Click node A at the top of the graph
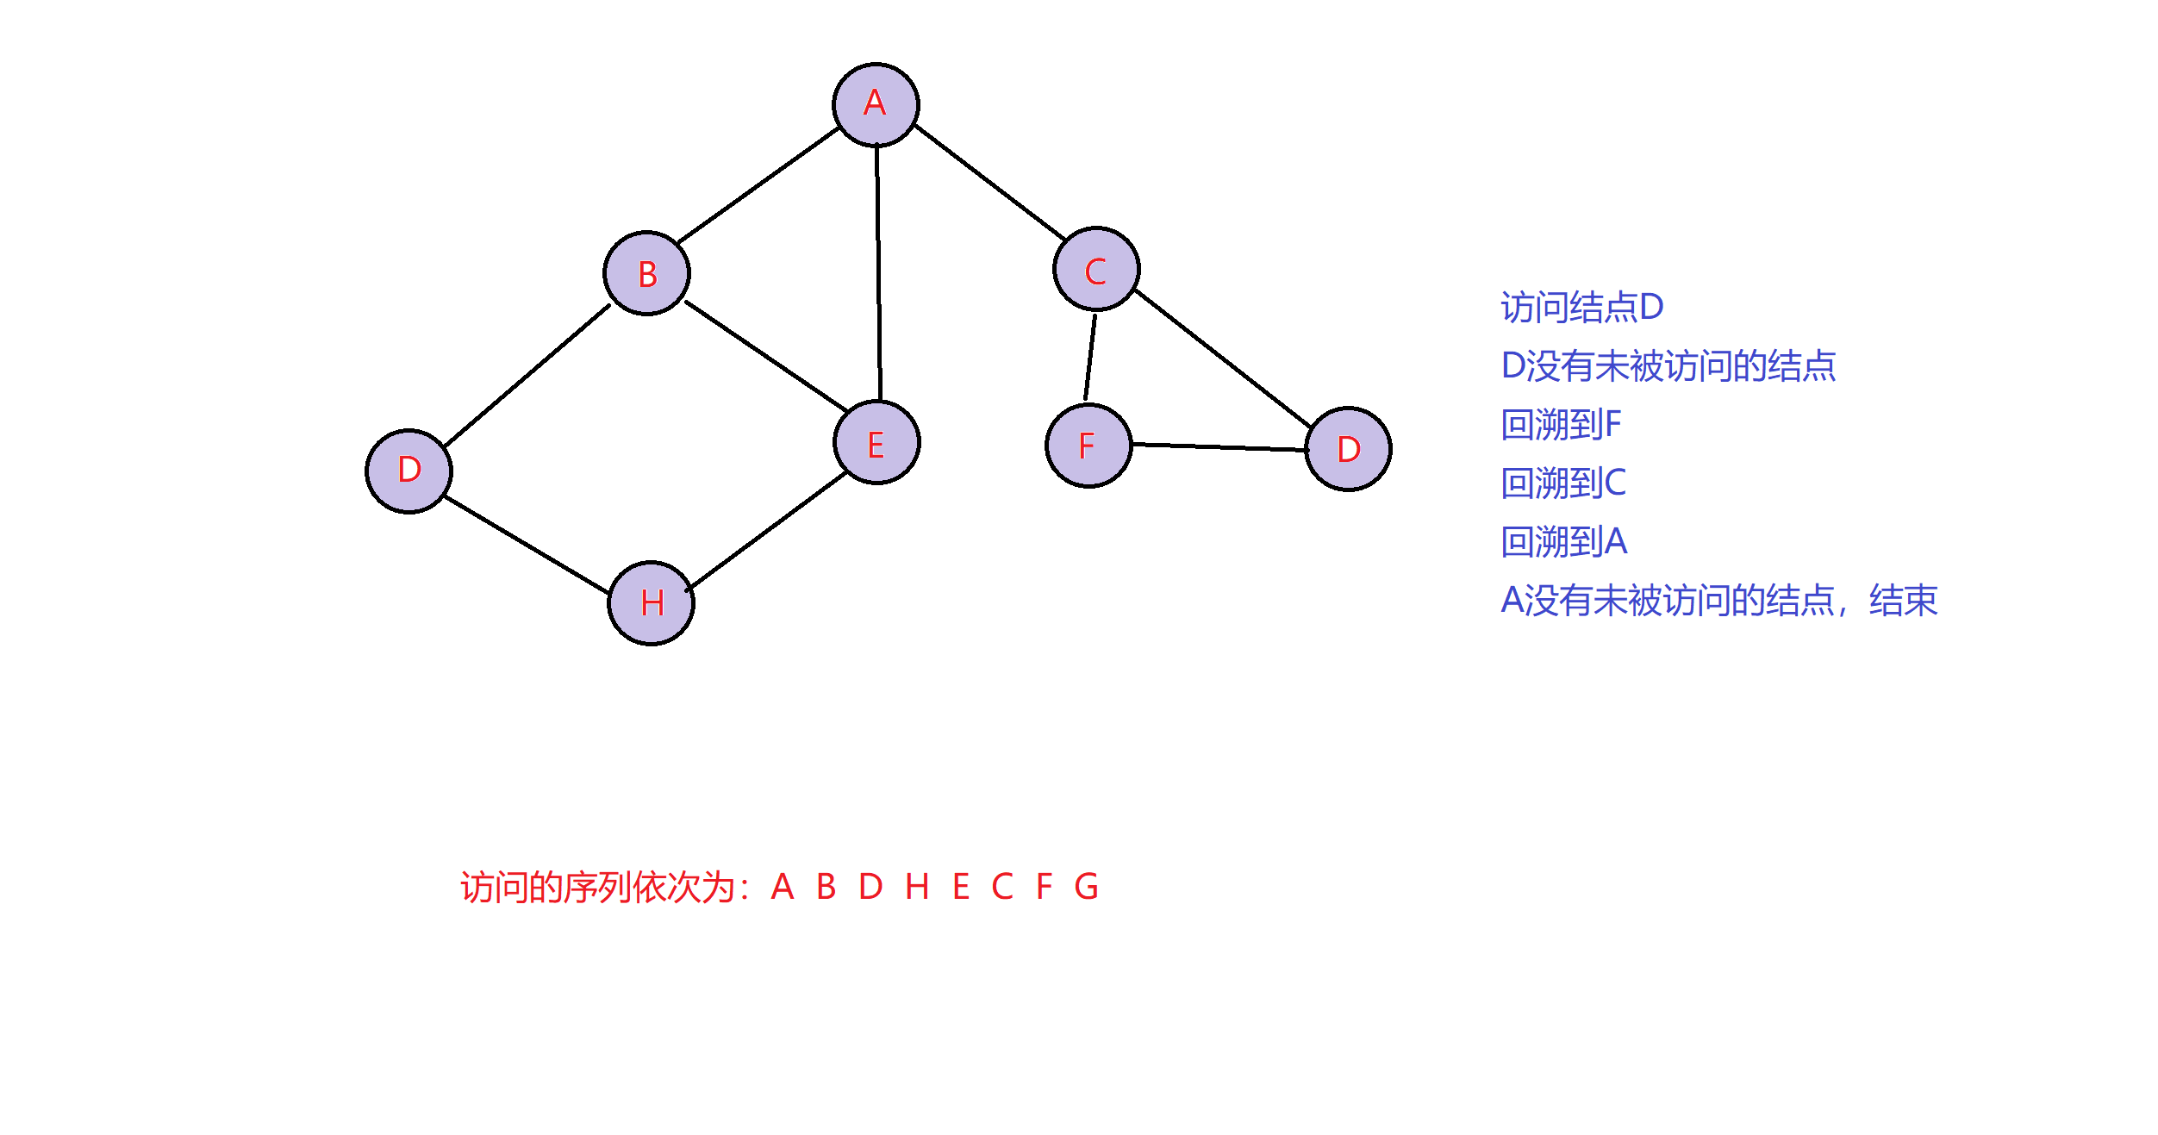[x=876, y=104]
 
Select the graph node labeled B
[x=646, y=273]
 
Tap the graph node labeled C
[x=1096, y=269]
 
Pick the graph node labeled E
[x=876, y=442]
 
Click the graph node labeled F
[x=1088, y=446]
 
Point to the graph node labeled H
[x=652, y=602]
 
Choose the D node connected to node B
[x=409, y=471]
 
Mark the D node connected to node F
[x=1349, y=449]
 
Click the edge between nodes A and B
[x=758, y=185]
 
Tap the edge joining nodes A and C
[x=989, y=182]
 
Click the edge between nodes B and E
[x=765, y=355]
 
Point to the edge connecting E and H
[x=768, y=531]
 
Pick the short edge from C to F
[x=1090, y=357]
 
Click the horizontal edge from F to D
[x=1219, y=447]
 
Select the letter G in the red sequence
[x=1086, y=886]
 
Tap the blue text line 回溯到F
[x=1561, y=425]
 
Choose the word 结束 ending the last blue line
[x=1903, y=601]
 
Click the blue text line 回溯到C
[x=1563, y=483]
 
